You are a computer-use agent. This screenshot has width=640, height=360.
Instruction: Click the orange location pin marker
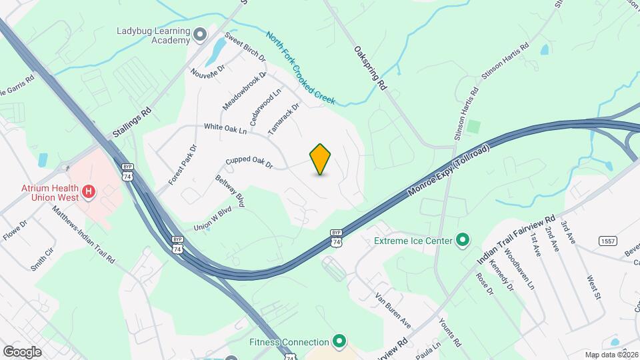321,159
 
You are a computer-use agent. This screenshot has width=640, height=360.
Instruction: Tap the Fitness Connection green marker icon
339,342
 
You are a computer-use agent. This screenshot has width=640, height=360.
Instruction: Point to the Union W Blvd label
212,218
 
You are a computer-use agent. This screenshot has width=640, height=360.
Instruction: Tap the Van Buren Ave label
393,309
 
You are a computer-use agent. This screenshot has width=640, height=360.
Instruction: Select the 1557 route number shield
607,241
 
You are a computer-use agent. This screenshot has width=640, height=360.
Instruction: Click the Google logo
21,351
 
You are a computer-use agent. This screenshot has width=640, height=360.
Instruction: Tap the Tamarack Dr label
283,117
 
